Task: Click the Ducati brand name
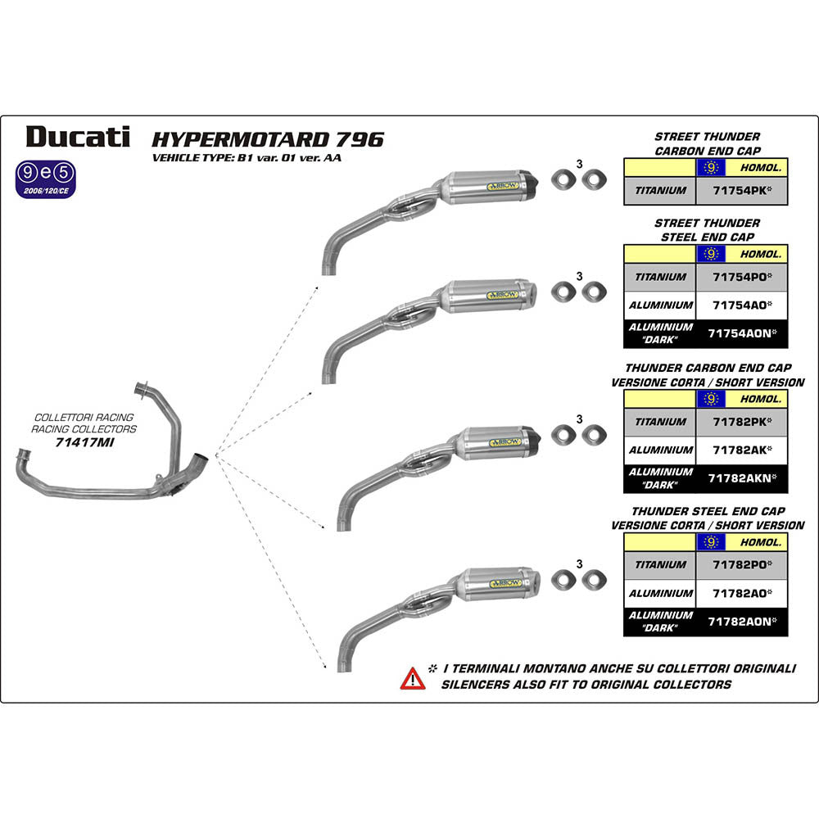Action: pos(77,136)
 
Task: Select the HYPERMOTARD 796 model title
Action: pos(268,138)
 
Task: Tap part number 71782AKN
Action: pos(740,477)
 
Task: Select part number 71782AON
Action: pos(740,621)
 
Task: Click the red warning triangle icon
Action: pos(412,678)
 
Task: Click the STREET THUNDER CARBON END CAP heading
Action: pos(707,143)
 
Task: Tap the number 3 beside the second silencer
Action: pos(579,276)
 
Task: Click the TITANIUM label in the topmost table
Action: pos(660,192)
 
